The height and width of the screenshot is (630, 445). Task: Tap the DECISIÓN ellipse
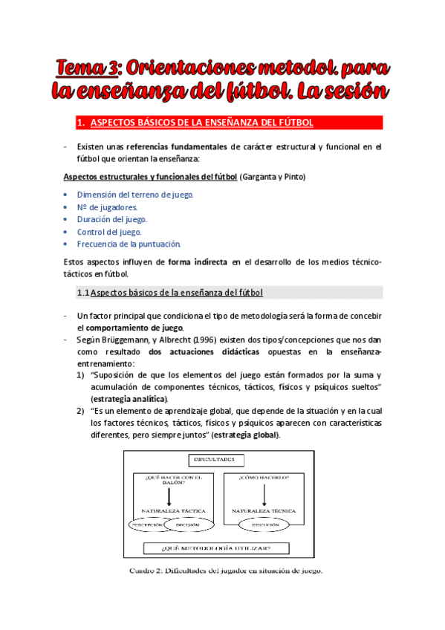(x=186, y=525)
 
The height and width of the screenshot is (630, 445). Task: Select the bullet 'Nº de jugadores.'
(x=107, y=207)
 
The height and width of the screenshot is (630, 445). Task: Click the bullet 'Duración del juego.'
(x=112, y=219)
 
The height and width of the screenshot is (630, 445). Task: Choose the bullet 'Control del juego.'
(x=109, y=232)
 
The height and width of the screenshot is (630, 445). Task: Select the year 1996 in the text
(x=194, y=339)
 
